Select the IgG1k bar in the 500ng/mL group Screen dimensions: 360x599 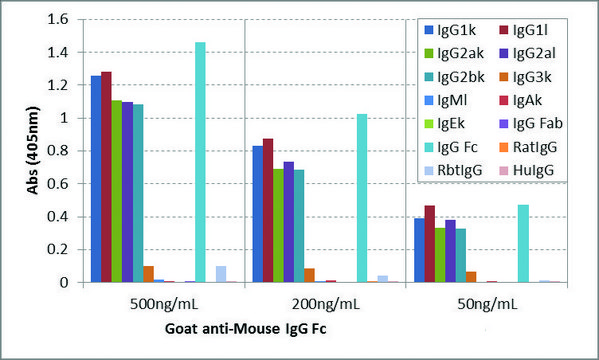[96, 179]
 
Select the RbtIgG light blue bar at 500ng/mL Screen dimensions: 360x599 [221, 274]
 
